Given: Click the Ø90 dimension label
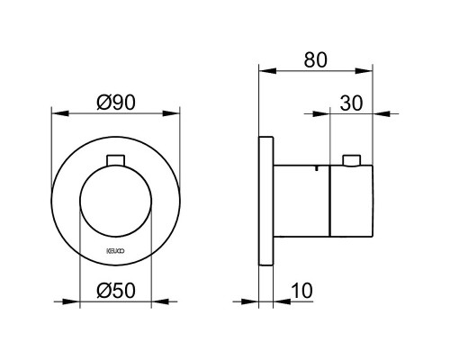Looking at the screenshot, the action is [116, 103].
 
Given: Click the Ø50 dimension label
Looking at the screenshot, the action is [116, 291].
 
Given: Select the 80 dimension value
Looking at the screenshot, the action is [315, 60].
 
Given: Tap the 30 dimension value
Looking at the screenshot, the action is [351, 103].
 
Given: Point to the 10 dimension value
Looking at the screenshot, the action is [301, 291].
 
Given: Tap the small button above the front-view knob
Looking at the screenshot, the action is [116, 160].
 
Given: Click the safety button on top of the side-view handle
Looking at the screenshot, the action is [352, 160].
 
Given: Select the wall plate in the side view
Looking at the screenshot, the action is [265, 201].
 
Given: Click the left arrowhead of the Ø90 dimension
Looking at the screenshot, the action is [60, 113].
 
